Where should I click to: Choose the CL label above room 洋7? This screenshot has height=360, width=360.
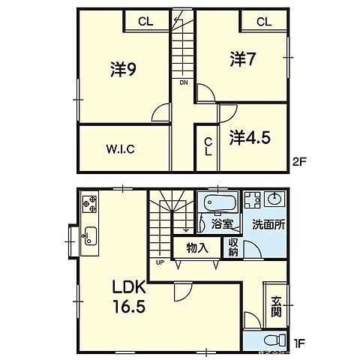point(263,22)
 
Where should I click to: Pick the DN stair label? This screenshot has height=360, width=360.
point(183,82)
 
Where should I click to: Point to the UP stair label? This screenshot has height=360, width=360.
point(160,262)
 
